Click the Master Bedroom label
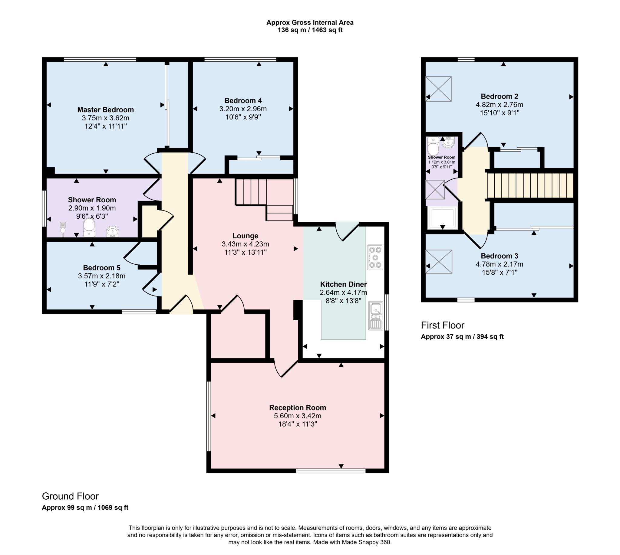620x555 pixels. tap(105, 110)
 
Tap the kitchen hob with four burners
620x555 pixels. tap(375, 257)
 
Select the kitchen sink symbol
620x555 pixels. tap(375, 316)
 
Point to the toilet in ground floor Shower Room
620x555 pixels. tap(89, 227)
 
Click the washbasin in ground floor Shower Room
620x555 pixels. tap(112, 232)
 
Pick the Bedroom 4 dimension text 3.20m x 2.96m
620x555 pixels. tap(243, 109)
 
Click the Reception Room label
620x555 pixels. tap(297, 408)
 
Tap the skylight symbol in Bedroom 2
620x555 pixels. tap(438, 89)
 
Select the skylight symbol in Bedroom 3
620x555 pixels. tap(439, 262)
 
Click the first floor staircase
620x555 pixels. tap(530, 185)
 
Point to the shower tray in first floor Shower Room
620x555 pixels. tap(442, 218)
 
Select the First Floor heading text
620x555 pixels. tap(442, 325)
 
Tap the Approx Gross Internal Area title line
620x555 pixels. tap(309, 23)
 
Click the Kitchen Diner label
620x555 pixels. tap(343, 284)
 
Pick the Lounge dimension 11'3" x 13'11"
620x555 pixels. tap(245, 252)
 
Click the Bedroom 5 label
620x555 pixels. tap(102, 268)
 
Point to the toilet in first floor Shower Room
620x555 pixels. tap(433, 147)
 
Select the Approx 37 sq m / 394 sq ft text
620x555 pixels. tap(462, 337)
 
